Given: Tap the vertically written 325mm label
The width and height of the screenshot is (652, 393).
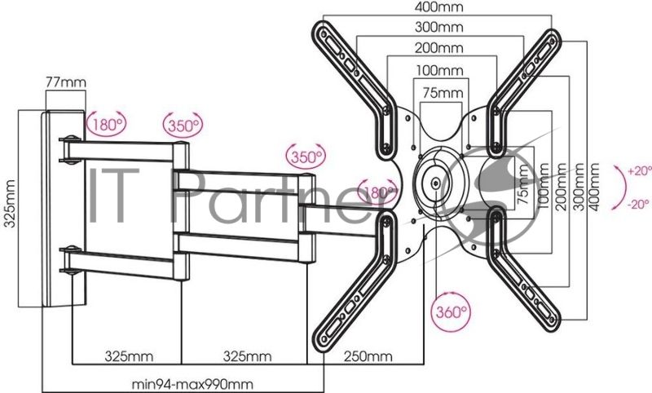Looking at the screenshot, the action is tap(10, 204).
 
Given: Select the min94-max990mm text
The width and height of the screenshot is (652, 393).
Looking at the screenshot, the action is tap(192, 384).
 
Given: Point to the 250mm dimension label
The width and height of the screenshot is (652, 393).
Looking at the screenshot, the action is tap(368, 356).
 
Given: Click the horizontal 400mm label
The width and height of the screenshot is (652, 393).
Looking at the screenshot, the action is tap(439, 7).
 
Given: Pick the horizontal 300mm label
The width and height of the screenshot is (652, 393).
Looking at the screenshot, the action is tap(439, 27).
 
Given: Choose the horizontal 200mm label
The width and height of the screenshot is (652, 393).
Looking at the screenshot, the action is tap(439, 48).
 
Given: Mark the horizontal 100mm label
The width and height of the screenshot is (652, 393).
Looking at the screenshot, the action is tap(439, 70).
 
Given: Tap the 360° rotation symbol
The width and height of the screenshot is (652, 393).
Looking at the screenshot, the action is tap(451, 311).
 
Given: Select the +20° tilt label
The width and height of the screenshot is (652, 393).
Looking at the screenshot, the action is tap(640, 171).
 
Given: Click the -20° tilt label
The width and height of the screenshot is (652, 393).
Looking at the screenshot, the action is tap(638, 205).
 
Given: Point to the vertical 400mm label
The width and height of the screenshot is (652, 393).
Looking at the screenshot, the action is tap(595, 187).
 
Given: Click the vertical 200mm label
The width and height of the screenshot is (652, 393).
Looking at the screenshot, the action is tap(560, 187).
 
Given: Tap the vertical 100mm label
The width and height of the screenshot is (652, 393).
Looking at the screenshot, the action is tap(543, 187).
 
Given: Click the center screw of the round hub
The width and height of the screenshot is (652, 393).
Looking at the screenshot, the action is tap(435, 183).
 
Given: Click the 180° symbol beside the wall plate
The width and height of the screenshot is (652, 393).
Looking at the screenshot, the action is tap(107, 124).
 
